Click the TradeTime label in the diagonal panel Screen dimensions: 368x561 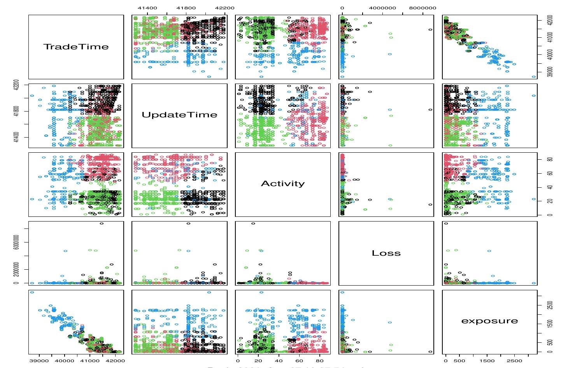click(76, 47)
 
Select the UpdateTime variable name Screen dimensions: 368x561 click(179, 115)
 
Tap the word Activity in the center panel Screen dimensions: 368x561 click(283, 183)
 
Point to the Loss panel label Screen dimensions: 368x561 click(386, 253)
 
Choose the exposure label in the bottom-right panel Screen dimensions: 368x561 click(489, 321)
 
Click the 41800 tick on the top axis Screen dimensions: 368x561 click(186, 8)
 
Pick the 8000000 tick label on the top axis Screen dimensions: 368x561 click(423, 8)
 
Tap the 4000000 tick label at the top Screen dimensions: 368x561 click(382, 8)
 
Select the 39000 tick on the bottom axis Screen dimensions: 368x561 click(39, 360)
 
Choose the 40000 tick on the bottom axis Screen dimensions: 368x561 click(65, 360)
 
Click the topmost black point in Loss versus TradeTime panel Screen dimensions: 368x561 click(102, 223)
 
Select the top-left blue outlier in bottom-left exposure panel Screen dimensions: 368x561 click(32, 292)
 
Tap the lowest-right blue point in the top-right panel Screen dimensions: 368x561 click(534, 77)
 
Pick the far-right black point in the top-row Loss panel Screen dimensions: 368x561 click(430, 30)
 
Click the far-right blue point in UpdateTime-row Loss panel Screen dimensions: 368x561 click(390, 110)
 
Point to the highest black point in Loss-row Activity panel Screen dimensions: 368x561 click(253, 223)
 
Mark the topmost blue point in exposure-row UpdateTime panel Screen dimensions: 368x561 click(209, 292)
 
